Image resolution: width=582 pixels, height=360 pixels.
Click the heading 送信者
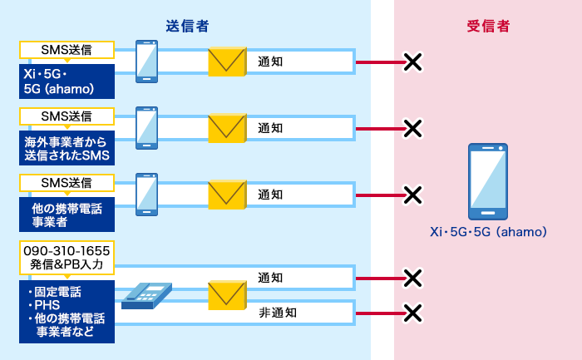coord(186,27)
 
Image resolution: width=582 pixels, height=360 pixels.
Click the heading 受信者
coord(488,27)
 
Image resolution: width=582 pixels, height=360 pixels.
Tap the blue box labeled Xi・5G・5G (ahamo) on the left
coord(67,81)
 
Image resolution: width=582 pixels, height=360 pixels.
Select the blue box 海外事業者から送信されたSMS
coord(67,148)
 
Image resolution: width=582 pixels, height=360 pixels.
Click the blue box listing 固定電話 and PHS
coord(67,313)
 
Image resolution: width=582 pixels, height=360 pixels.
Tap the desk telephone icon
coord(146,295)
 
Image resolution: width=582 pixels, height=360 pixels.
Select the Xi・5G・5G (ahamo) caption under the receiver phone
coord(488,233)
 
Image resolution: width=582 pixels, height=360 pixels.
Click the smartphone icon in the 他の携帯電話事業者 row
coord(147,195)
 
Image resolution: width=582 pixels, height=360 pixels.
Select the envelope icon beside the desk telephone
coord(227,295)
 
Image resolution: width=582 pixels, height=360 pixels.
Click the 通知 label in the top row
coord(271,62)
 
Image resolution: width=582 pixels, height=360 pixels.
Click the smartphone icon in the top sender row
coord(147,61)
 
